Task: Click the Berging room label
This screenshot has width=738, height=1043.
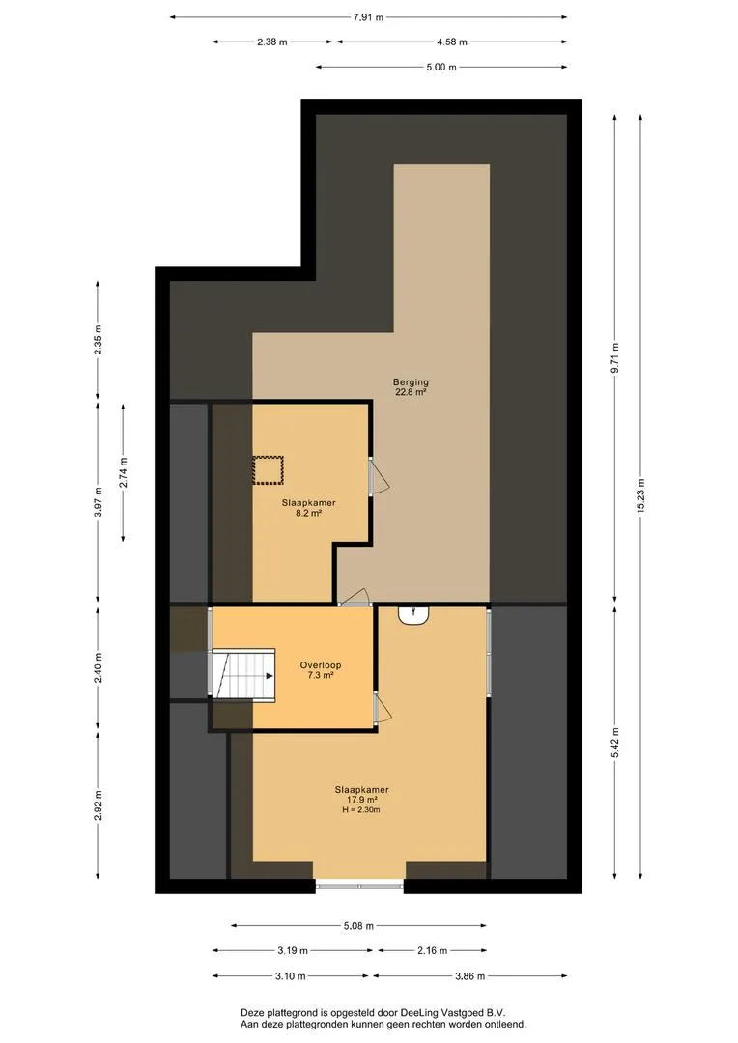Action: pyautogui.click(x=411, y=387)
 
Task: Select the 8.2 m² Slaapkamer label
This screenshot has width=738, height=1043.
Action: pyautogui.click(x=308, y=508)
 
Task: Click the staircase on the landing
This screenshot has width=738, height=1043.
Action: pyautogui.click(x=242, y=674)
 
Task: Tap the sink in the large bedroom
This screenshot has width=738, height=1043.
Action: pyautogui.click(x=413, y=615)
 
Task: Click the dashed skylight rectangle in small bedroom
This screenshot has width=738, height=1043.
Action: pyautogui.click(x=268, y=469)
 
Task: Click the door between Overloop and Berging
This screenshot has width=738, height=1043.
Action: pyautogui.click(x=354, y=598)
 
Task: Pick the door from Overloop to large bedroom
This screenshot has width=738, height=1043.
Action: pyautogui.click(x=382, y=708)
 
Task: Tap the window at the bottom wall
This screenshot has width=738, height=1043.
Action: pyautogui.click(x=359, y=886)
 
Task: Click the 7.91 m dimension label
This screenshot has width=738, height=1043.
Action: pyautogui.click(x=368, y=17)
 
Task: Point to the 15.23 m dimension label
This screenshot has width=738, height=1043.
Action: pyautogui.click(x=640, y=495)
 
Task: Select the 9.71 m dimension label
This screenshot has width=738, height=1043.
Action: pyautogui.click(x=615, y=358)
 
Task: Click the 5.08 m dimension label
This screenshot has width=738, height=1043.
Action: pyautogui.click(x=358, y=925)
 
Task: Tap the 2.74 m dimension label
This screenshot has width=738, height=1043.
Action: pyautogui.click(x=123, y=472)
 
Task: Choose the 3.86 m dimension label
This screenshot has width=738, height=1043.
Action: pyautogui.click(x=469, y=975)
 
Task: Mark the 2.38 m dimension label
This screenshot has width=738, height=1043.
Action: pyautogui.click(x=272, y=42)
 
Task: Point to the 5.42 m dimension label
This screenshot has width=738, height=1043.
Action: pyautogui.click(x=615, y=742)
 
